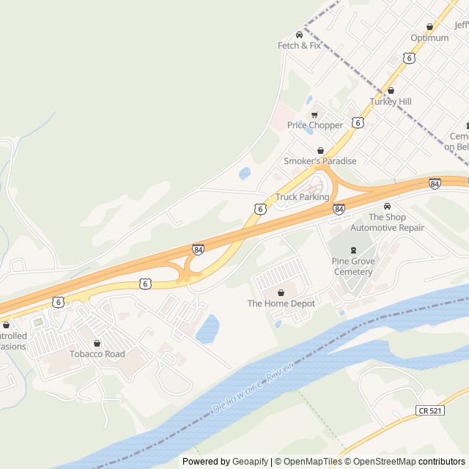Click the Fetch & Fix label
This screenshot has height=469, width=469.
pyautogui.click(x=299, y=45)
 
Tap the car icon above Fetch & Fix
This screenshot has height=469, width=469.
pyautogui.click(x=299, y=34)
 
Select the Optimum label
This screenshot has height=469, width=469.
pyautogui.click(x=429, y=38)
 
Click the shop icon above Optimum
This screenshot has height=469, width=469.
pyautogui.click(x=429, y=27)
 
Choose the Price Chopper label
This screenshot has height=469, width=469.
pyautogui.click(x=315, y=125)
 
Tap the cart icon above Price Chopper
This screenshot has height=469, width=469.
pyautogui.click(x=315, y=114)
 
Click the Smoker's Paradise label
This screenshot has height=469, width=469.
pyautogui.click(x=320, y=161)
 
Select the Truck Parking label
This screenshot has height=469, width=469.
pyautogui.click(x=303, y=197)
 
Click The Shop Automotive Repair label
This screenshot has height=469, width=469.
pyautogui.click(x=387, y=223)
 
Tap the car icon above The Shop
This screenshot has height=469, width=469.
pyautogui.click(x=387, y=207)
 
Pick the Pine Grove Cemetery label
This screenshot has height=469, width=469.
pyautogui.click(x=352, y=267)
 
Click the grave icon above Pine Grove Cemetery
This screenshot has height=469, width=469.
pyautogui.click(x=352, y=251)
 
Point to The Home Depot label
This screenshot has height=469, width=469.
pyautogui.click(x=281, y=303)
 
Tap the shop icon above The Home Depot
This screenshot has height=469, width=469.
pyautogui.click(x=281, y=292)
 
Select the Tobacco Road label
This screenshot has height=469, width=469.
pyautogui.click(x=97, y=354)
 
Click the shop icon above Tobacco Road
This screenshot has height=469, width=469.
pyautogui.click(x=97, y=343)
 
